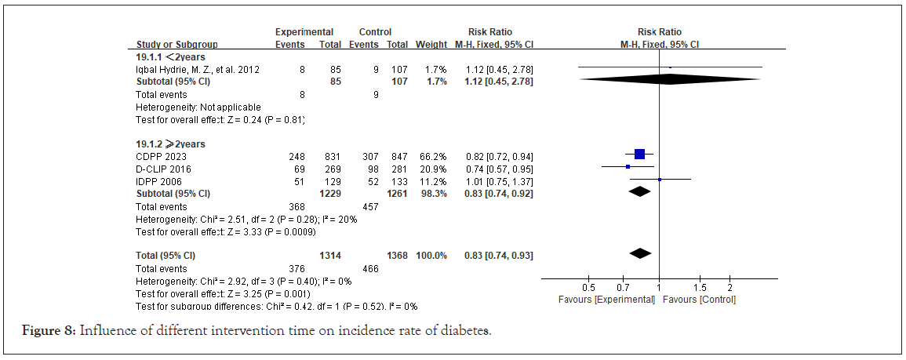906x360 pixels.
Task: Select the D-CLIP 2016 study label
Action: click(x=163, y=169)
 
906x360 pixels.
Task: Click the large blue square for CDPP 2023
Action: click(x=639, y=155)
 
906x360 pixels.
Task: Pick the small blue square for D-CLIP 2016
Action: click(x=628, y=167)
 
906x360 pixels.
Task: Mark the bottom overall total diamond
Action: click(x=641, y=253)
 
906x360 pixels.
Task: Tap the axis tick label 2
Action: click(x=730, y=287)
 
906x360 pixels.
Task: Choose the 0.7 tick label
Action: click(x=624, y=287)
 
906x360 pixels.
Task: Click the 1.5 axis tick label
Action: click(x=700, y=287)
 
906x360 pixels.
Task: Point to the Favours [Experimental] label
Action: click(x=606, y=300)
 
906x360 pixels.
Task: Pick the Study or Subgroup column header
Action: click(x=177, y=45)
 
